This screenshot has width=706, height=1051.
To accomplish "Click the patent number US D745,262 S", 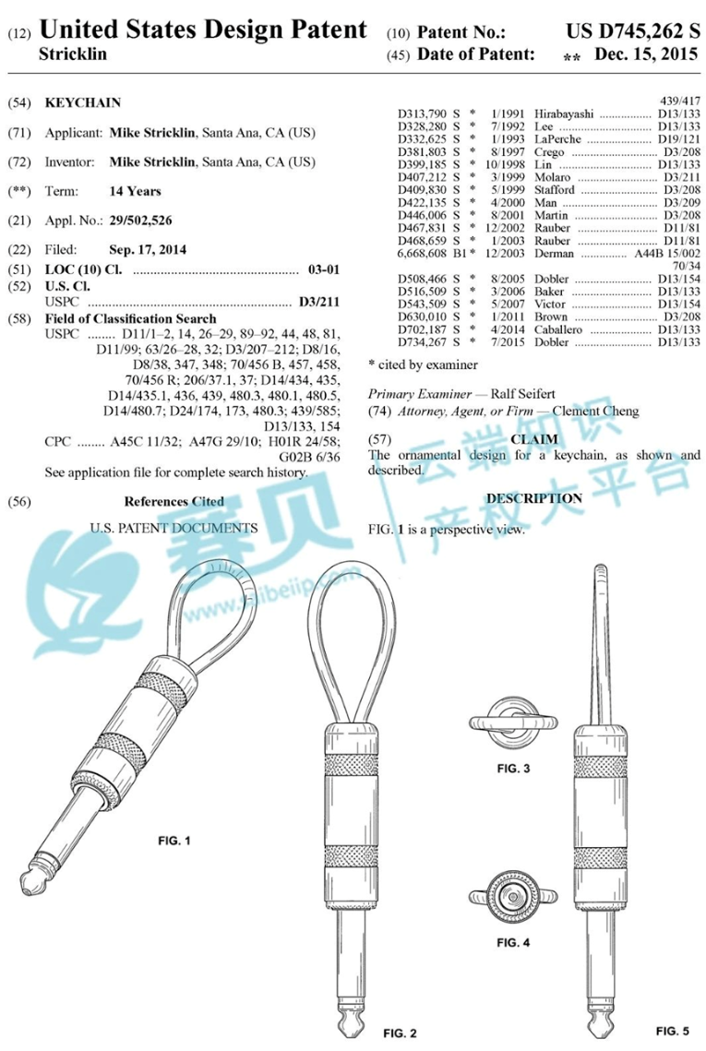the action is pyautogui.click(x=633, y=30).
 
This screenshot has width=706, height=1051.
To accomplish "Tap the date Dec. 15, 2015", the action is pyautogui.click(x=646, y=54).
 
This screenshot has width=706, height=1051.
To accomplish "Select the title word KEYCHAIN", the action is pyautogui.click(x=83, y=102).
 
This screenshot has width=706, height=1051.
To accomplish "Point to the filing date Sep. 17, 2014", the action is pyautogui.click(x=148, y=249).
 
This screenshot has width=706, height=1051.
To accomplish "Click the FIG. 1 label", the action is pyautogui.click(x=174, y=841).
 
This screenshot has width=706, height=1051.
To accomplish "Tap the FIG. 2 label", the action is pyautogui.click(x=401, y=1033).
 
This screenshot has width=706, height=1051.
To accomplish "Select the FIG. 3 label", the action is pyautogui.click(x=513, y=768).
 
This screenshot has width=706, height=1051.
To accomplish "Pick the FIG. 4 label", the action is pyautogui.click(x=513, y=942).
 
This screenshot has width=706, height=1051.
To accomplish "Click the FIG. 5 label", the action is pyautogui.click(x=673, y=1030).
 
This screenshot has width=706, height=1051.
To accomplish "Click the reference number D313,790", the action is pyautogui.click(x=422, y=113).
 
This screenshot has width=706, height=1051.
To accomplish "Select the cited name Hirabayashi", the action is pyautogui.click(x=564, y=113).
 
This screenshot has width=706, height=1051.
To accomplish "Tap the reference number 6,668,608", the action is pyautogui.click(x=422, y=254).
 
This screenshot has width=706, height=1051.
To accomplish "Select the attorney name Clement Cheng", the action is pyautogui.click(x=595, y=411).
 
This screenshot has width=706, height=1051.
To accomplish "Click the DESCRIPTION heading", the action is pyautogui.click(x=534, y=498).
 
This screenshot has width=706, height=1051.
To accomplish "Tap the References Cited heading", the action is pyautogui.click(x=174, y=501).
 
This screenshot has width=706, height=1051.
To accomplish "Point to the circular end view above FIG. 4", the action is pyautogui.click(x=513, y=895).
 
